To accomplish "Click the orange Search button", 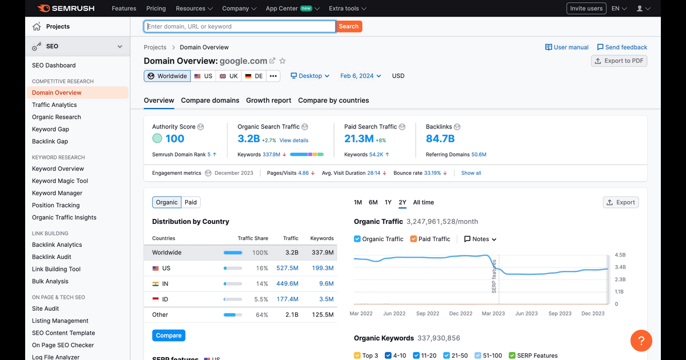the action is tap(349, 26).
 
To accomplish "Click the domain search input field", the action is tap(240, 26).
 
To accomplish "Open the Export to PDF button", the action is tap(619, 61).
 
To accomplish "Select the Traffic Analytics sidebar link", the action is tap(54, 105).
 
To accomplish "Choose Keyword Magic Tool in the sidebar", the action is tap(59, 181).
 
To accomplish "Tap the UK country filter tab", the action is tap(229, 76).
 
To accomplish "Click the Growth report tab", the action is tap(269, 101).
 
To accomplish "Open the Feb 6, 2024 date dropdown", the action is tap(361, 76).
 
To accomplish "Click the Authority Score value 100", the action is tap(174, 139).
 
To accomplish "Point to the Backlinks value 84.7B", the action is tap(440, 139).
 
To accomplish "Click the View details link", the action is tap(294, 141).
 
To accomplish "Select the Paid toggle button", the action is tap(190, 202).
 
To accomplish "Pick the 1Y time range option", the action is tap(388, 202).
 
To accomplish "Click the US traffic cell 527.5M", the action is tap(287, 268).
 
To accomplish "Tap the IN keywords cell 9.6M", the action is tap(326, 284).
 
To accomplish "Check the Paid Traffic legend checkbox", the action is tap(413, 239).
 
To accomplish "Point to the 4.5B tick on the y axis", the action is tap(620, 255).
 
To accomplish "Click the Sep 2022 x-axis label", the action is tap(428, 314).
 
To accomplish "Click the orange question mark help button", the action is tap(641, 341).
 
